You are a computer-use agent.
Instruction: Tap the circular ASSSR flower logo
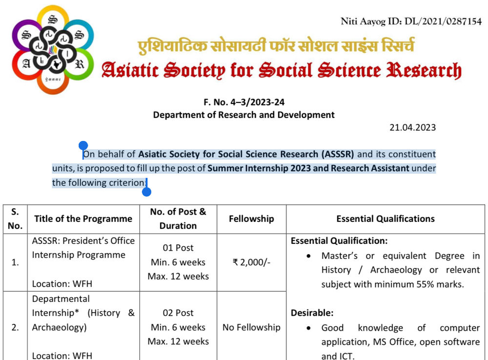click(x=53, y=49)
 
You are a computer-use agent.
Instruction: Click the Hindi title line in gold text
click(x=276, y=46)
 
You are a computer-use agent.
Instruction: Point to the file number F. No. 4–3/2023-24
click(x=244, y=102)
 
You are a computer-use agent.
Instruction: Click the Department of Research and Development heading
click(x=244, y=115)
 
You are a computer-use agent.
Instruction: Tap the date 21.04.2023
click(x=412, y=128)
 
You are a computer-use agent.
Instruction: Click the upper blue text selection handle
click(x=83, y=145)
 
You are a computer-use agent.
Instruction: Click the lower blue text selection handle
click(x=146, y=192)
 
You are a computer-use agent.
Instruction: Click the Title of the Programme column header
click(x=83, y=219)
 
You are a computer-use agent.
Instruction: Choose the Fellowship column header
click(x=251, y=219)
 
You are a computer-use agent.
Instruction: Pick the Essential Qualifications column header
click(x=385, y=219)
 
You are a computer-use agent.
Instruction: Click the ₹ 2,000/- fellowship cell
click(x=251, y=262)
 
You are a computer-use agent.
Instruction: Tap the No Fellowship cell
click(x=251, y=327)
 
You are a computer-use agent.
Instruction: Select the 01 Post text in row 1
click(x=178, y=248)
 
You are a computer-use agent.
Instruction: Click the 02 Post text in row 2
click(x=178, y=313)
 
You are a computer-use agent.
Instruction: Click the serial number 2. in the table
click(x=15, y=327)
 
